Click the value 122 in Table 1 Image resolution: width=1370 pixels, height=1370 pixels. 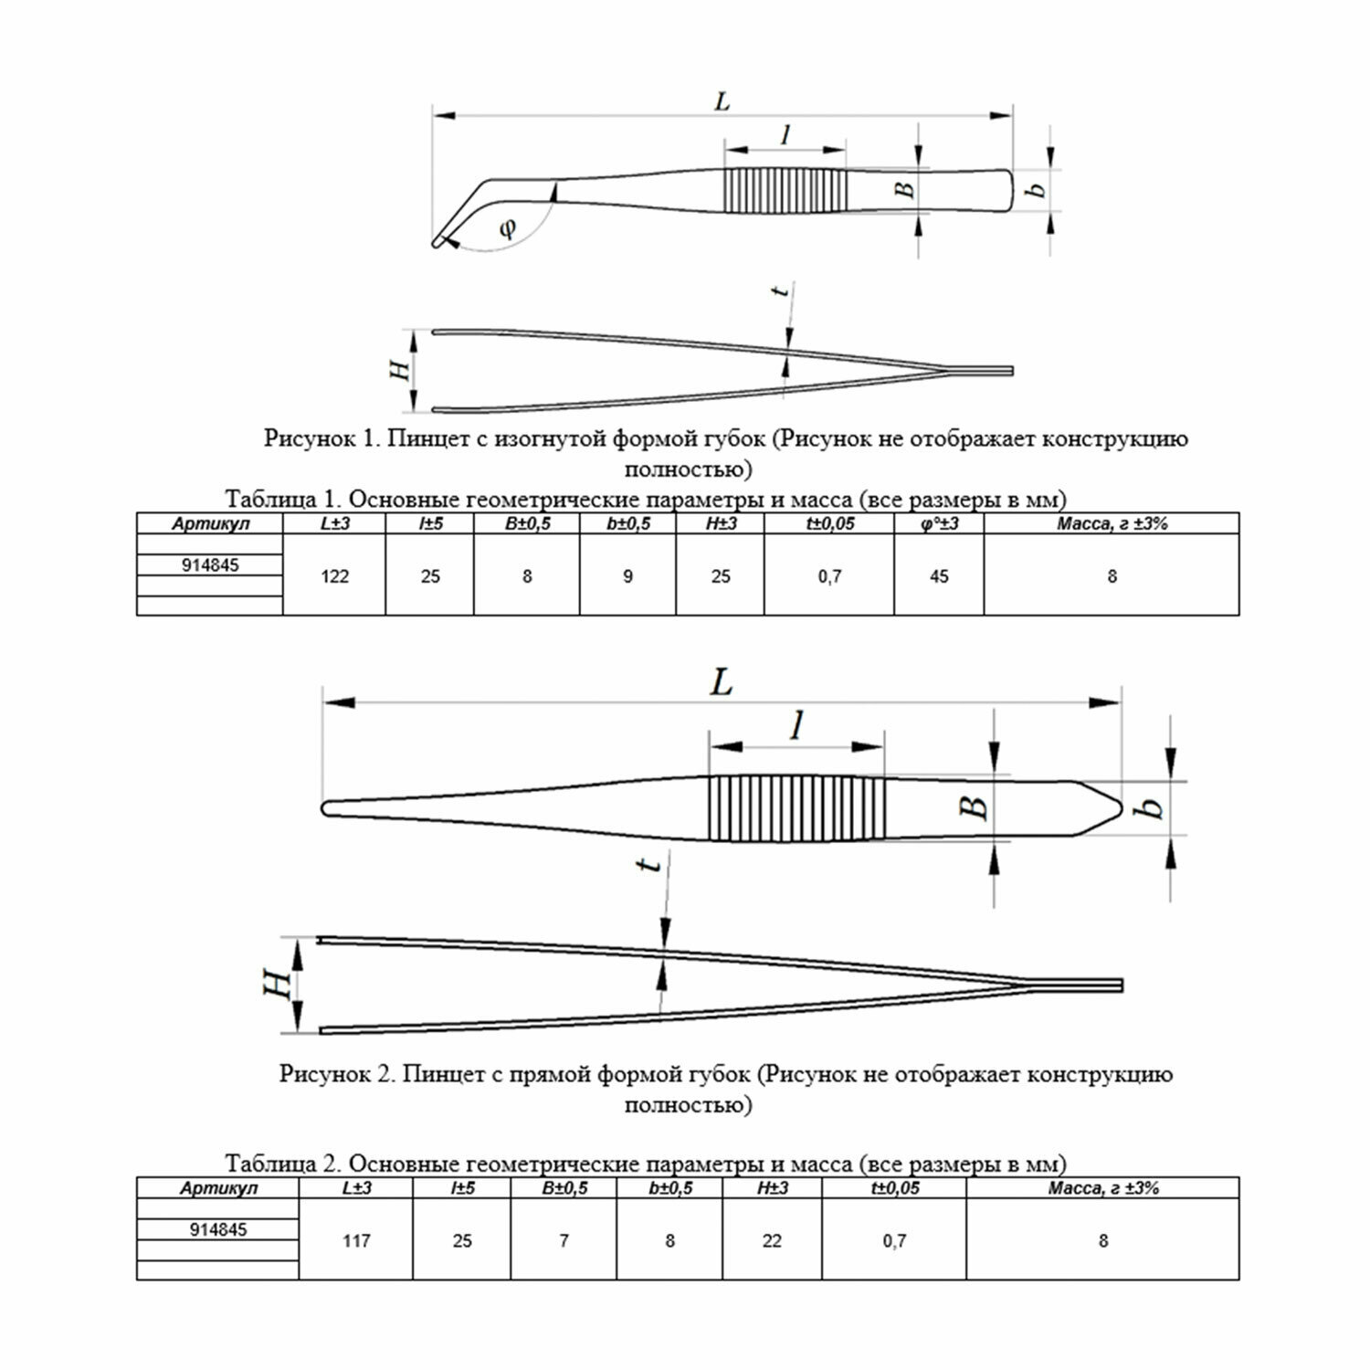click(335, 576)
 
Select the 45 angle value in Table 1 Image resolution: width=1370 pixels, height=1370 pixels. click(939, 576)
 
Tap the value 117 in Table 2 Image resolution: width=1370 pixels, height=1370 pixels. click(356, 1240)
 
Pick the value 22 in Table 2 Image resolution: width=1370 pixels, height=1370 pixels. click(772, 1240)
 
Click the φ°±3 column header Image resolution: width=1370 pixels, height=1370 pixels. click(939, 523)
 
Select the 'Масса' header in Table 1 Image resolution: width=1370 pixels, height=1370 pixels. click(1112, 523)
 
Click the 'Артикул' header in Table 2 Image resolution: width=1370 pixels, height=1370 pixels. click(219, 1188)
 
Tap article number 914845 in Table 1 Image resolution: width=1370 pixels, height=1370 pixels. click(210, 565)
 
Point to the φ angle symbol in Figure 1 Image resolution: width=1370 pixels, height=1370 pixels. click(508, 227)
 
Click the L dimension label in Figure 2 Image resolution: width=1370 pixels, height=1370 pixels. click(722, 682)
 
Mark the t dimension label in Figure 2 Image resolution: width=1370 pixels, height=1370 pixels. click(650, 863)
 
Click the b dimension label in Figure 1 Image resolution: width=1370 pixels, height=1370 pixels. click(1036, 189)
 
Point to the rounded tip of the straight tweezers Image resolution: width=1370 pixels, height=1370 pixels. click(328, 808)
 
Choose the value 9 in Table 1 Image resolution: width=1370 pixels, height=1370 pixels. click(627, 576)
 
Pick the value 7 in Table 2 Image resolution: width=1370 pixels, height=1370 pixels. click(564, 1240)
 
